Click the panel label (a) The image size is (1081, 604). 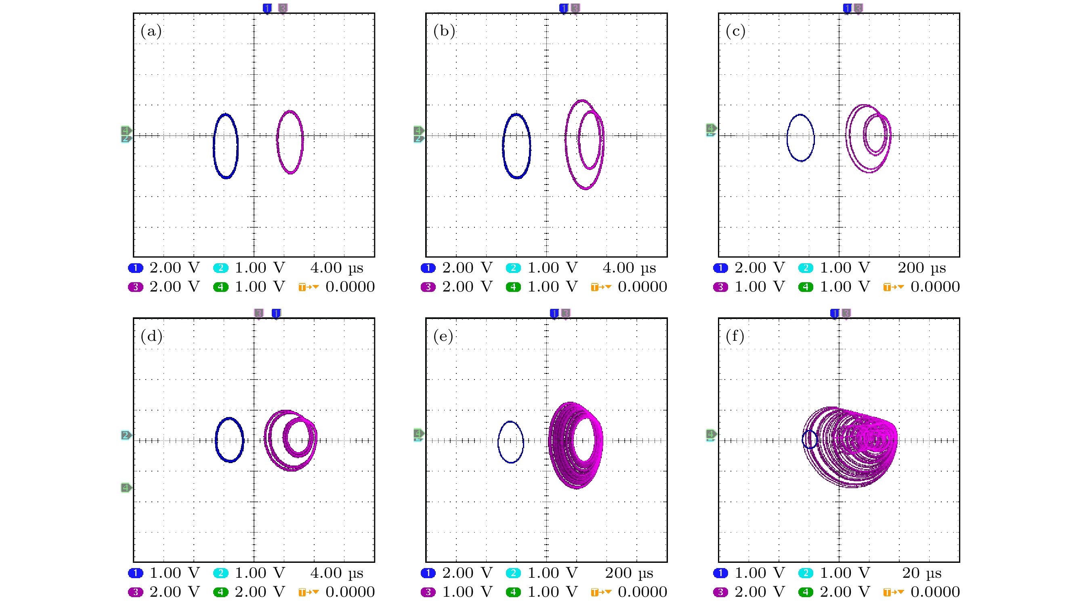pos(151,31)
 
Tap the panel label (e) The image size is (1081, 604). pos(443,336)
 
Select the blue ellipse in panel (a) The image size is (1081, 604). pos(214,146)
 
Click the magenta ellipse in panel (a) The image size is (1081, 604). pos(278,142)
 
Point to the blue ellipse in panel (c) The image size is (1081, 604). pos(788,138)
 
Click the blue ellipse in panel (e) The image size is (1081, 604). pos(499,442)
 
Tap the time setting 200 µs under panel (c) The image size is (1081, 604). pos(921,268)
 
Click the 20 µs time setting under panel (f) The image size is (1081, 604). pos(921,573)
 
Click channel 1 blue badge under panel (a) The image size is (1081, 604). pos(136,268)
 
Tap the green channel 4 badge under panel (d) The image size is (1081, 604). pos(221,592)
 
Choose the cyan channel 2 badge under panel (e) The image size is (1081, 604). pos(513,573)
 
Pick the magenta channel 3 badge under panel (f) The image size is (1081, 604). pos(720,592)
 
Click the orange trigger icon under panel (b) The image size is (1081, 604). pos(601,287)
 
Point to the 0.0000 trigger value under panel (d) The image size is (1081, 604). pos(350,592)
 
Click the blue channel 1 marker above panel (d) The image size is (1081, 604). pos(276,313)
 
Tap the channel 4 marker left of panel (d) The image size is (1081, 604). pos(126,487)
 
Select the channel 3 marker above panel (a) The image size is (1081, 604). pos(283,8)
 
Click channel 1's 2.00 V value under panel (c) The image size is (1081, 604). pos(760,268)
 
